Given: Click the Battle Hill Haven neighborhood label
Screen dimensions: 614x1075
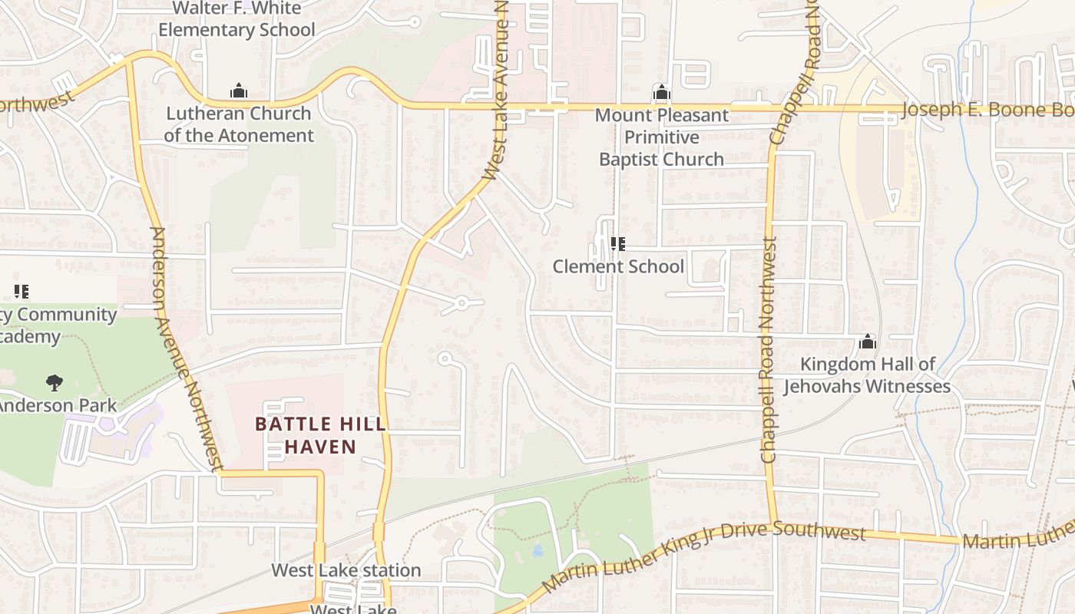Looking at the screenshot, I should pyautogui.click(x=320, y=435).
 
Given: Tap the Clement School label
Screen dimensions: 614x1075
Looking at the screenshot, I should pyautogui.click(x=618, y=266).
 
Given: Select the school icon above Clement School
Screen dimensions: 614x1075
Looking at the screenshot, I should pyautogui.click(x=617, y=244).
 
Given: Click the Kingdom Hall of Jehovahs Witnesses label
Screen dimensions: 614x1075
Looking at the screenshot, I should pyautogui.click(x=867, y=375).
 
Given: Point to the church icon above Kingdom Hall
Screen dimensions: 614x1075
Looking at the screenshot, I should pyautogui.click(x=867, y=342).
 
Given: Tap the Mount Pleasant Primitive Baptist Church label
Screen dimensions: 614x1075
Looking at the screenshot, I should pyautogui.click(x=661, y=137).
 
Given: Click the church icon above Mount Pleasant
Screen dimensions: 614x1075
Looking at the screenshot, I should pyautogui.click(x=661, y=94).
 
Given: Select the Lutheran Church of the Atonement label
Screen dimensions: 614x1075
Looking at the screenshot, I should pyautogui.click(x=239, y=124).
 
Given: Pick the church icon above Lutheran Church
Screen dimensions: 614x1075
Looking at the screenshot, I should pyautogui.click(x=239, y=91).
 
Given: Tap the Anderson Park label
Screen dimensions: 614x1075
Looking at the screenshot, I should pyautogui.click(x=58, y=405).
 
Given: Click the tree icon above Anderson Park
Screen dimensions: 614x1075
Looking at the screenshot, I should pyautogui.click(x=54, y=381).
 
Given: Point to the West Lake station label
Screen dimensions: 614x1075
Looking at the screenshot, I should pyautogui.click(x=346, y=570).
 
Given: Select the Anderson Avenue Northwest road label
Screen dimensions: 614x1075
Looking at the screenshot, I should pyautogui.click(x=186, y=349).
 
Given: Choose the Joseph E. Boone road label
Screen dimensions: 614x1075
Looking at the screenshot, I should pyautogui.click(x=987, y=109).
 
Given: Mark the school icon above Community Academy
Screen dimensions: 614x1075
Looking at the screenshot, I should pyautogui.click(x=21, y=291).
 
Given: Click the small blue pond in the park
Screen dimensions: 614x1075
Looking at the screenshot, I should pyautogui.click(x=537, y=550).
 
